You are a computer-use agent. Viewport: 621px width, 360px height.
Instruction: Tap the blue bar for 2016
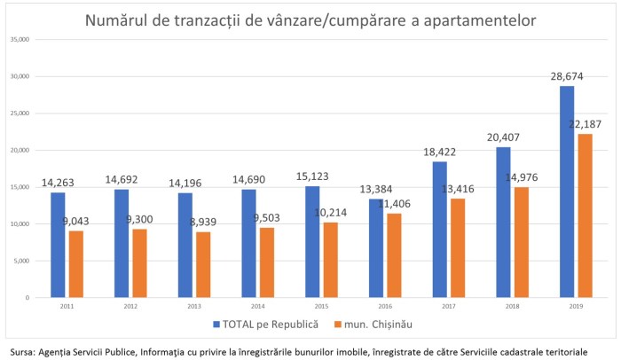376,248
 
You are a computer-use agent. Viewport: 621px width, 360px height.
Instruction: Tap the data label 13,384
375,189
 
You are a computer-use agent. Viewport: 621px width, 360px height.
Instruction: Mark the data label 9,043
76,222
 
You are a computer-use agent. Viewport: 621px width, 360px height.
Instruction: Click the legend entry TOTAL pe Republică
263,324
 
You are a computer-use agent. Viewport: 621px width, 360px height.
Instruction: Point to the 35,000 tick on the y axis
20,40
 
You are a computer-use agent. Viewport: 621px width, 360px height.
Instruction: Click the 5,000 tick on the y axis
21,261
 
